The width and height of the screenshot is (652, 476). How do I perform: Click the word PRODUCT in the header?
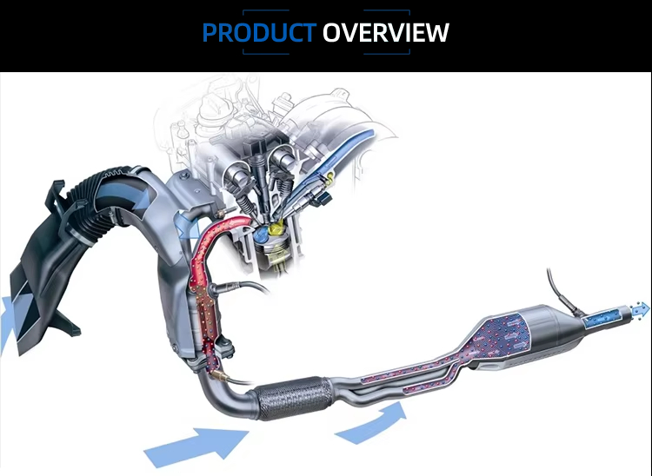259,32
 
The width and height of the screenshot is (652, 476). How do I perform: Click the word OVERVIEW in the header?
386,32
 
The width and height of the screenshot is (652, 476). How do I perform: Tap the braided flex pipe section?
292,398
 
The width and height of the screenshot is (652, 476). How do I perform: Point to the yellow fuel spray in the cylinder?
276,228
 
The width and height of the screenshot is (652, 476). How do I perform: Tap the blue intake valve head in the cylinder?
260,235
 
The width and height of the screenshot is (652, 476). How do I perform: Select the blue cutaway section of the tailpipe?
605,317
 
